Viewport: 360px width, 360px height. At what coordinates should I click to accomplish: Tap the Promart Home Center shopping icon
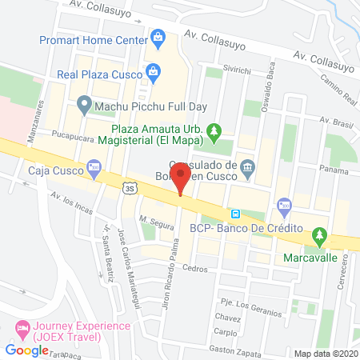coord(158,36)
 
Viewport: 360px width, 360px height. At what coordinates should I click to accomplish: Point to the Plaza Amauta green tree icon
coord(214,130)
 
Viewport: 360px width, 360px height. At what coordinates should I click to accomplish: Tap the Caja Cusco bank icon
coord(94,170)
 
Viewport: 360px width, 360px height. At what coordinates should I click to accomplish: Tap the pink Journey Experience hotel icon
coord(22,327)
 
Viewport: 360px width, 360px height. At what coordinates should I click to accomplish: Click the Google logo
coord(27,350)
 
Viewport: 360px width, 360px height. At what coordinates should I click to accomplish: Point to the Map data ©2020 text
coord(326,353)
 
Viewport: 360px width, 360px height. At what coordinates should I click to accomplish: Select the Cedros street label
coord(194,267)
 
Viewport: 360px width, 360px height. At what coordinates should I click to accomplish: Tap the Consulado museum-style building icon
coord(247,167)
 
